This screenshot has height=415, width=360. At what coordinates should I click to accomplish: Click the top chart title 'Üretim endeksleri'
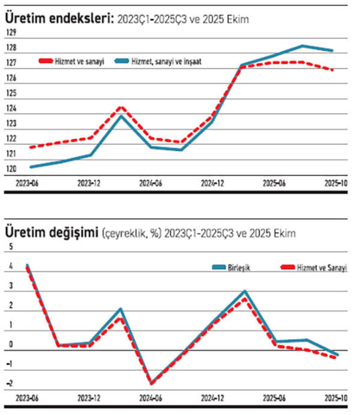tap(59, 18)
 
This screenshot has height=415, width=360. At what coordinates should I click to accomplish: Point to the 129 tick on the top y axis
tap(11, 32)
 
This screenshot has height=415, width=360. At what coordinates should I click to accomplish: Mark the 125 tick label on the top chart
tap(11, 93)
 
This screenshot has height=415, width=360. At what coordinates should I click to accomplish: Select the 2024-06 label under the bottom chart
tap(150, 398)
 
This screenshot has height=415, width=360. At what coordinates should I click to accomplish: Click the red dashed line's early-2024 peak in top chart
tap(120, 107)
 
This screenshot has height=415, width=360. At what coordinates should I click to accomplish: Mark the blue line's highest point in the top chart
tap(302, 46)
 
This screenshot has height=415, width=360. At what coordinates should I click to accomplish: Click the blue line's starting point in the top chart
tap(31, 167)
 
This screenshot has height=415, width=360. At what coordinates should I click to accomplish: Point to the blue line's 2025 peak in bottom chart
tap(245, 291)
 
